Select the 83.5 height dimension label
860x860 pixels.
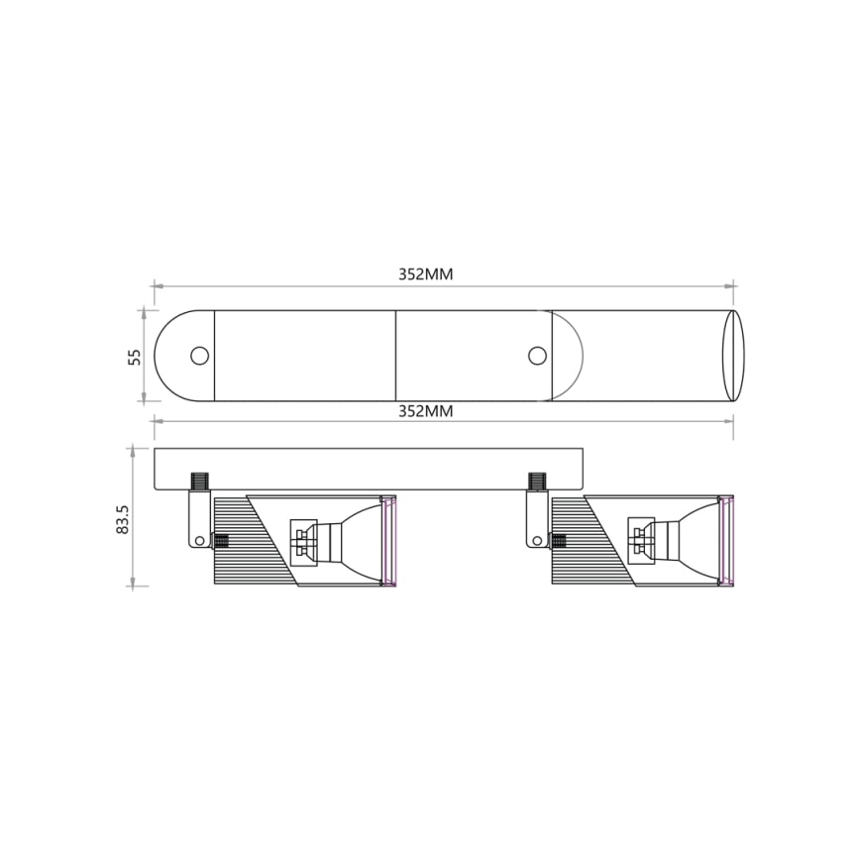click(x=123, y=519)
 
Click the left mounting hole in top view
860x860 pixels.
click(x=199, y=355)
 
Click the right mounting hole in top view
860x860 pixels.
click(x=537, y=355)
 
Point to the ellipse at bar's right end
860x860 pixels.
click(x=733, y=355)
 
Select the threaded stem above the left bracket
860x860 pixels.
click(x=199, y=483)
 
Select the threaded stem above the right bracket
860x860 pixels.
click(x=537, y=483)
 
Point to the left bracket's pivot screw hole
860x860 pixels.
click(x=199, y=541)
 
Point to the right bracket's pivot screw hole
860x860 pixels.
click(x=537, y=541)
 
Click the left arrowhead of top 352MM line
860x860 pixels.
click(x=157, y=287)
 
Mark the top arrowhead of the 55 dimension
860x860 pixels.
click(x=145, y=313)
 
